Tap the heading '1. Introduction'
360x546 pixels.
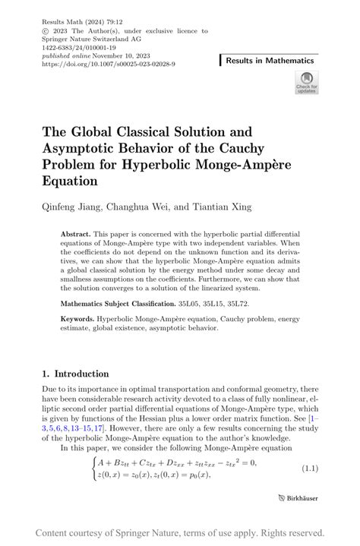pyautogui.click(x=76, y=374)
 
